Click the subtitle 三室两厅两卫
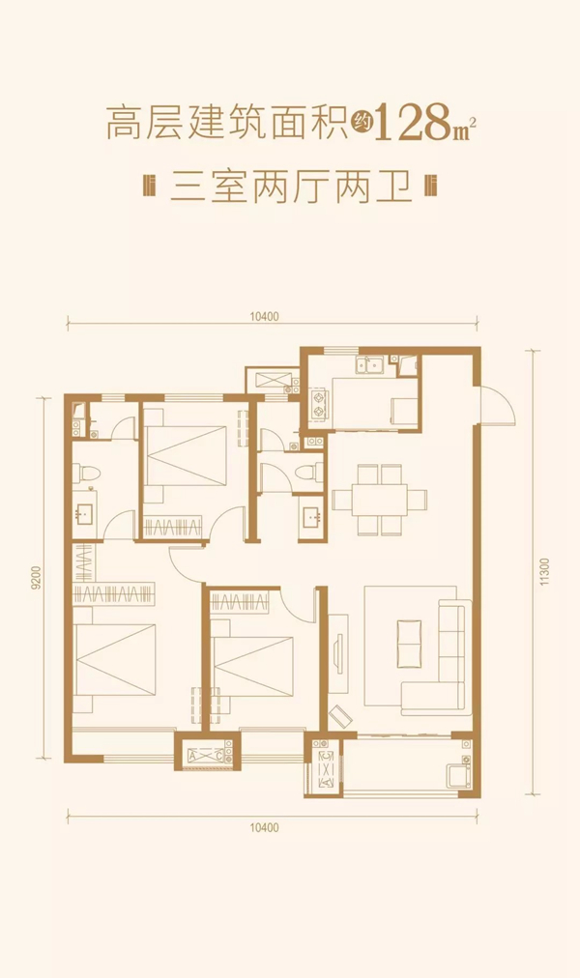click(x=291, y=187)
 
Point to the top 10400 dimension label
click(x=265, y=316)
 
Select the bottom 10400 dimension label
click(x=265, y=827)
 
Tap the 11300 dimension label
click(x=545, y=572)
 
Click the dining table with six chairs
click(x=380, y=499)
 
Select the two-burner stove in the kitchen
click(x=319, y=403)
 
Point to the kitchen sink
click(x=369, y=365)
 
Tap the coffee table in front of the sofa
click(x=409, y=644)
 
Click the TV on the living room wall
click(x=338, y=652)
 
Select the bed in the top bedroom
click(x=185, y=455)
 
